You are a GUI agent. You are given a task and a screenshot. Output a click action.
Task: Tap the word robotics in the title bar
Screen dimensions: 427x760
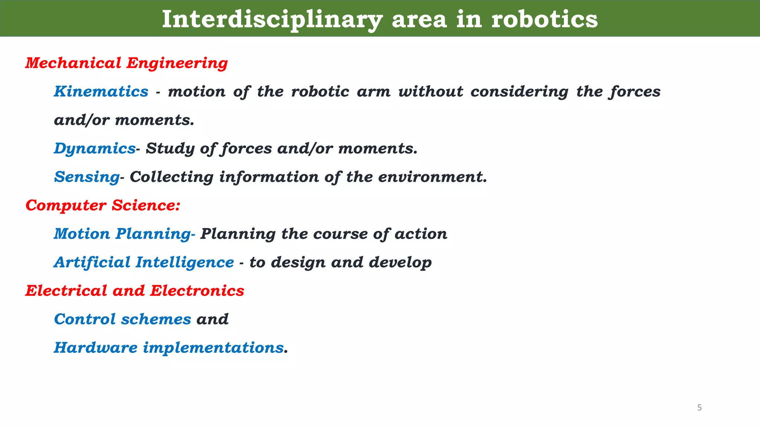point(544,19)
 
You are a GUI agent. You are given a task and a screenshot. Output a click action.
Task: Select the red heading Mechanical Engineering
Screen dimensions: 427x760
point(126,63)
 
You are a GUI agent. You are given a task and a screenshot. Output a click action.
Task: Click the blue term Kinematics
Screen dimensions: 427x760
point(101,91)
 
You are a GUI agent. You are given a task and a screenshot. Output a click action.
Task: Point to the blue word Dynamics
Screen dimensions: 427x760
point(95,148)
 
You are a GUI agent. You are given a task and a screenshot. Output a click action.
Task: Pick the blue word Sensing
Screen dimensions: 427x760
point(86,177)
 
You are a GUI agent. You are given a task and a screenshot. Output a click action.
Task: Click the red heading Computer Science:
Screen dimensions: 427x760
point(103,205)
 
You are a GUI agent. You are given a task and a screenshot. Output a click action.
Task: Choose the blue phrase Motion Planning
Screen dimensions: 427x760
point(122,234)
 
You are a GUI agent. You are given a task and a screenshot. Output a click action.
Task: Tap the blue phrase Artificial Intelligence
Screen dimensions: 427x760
point(144,262)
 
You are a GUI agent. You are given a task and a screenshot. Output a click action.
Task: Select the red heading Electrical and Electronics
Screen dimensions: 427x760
point(135,291)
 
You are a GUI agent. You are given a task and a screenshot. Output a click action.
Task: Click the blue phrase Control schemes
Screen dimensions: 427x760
point(122,319)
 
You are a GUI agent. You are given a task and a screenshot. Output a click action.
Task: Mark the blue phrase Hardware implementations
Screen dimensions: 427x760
point(169,348)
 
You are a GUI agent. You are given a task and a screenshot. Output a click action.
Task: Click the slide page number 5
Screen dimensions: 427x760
point(700,408)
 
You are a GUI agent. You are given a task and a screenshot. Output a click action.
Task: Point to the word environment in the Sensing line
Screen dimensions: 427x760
point(432,177)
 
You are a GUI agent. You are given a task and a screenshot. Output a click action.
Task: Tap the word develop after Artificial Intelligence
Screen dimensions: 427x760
point(400,262)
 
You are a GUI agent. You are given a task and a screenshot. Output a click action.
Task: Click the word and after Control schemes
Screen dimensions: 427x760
point(212,319)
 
